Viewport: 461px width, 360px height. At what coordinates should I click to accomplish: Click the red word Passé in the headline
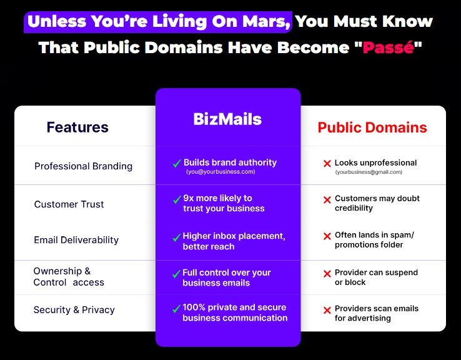(389, 47)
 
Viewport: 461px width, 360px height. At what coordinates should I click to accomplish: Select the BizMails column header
(227, 119)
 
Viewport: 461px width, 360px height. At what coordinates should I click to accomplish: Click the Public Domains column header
(372, 127)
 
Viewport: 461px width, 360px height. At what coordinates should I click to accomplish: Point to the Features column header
(77, 127)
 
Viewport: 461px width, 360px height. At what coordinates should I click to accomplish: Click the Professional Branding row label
(83, 166)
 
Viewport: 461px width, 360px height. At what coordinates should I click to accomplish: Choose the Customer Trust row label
(69, 204)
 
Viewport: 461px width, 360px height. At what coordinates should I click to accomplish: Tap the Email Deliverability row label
(76, 240)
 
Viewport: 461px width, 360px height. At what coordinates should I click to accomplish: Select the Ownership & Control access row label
(69, 277)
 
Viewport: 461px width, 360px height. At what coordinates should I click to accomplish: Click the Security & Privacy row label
(74, 310)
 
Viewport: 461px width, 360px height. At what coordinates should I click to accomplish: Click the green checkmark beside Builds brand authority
(177, 163)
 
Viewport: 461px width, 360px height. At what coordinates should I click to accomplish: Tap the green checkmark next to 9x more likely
(177, 200)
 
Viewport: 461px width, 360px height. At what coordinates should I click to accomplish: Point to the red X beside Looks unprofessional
(327, 164)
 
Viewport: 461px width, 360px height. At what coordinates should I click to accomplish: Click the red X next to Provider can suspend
(327, 274)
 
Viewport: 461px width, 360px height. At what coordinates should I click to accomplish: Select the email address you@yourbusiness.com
(221, 172)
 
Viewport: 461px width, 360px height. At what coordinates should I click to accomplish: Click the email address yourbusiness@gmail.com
(369, 172)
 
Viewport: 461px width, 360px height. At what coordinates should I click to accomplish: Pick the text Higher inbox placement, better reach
(234, 241)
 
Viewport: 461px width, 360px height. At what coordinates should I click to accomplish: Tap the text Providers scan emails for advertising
(377, 313)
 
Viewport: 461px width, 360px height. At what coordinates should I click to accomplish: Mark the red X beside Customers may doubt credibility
(327, 200)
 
